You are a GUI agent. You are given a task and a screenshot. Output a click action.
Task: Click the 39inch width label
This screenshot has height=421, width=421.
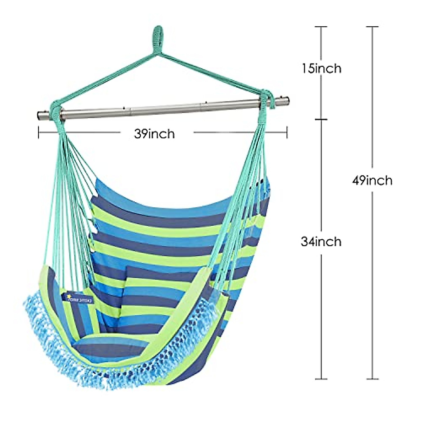coord(154,134)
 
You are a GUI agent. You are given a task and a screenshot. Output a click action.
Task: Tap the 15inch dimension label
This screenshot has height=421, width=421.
coord(321,68)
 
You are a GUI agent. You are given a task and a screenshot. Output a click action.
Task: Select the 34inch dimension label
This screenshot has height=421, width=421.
coord(321,241)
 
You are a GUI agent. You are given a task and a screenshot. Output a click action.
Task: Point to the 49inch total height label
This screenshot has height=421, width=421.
coord(372,181)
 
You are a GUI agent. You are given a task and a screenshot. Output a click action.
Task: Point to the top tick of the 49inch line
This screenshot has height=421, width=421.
coord(372,27)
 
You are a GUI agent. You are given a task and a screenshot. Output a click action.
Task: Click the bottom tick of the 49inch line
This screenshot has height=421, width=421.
coord(372,379)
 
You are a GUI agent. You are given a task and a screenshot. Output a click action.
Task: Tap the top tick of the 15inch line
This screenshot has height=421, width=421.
coord(321,27)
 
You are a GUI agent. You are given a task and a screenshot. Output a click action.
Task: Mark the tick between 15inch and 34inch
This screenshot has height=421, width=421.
coord(321,120)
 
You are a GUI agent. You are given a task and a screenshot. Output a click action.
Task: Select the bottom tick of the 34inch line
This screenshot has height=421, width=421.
coord(321,379)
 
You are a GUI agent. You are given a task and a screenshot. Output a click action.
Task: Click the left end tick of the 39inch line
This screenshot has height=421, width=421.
coord(39,133)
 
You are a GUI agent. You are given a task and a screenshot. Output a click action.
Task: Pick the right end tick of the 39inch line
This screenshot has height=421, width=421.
coord(287,133)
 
